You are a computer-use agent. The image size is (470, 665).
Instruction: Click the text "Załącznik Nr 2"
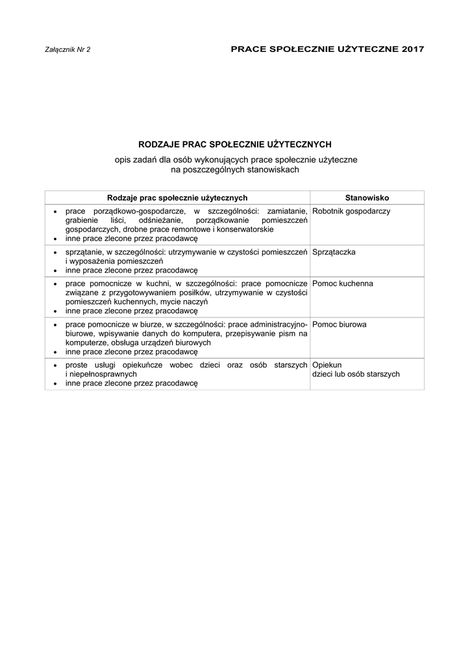click(x=68, y=49)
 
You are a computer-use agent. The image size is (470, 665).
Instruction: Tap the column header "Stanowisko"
click(x=367, y=197)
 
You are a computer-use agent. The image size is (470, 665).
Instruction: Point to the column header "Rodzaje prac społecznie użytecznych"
click(x=177, y=197)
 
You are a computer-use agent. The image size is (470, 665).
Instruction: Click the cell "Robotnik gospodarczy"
click(x=351, y=212)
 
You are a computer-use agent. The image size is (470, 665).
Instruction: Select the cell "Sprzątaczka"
click(x=334, y=252)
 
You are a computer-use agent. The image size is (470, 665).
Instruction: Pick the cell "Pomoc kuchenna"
click(x=342, y=284)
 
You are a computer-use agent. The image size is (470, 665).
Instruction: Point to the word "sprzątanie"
click(x=84, y=252)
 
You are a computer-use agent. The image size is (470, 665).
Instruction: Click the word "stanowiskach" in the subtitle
click(x=276, y=169)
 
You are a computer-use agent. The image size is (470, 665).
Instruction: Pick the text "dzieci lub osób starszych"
click(x=356, y=375)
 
